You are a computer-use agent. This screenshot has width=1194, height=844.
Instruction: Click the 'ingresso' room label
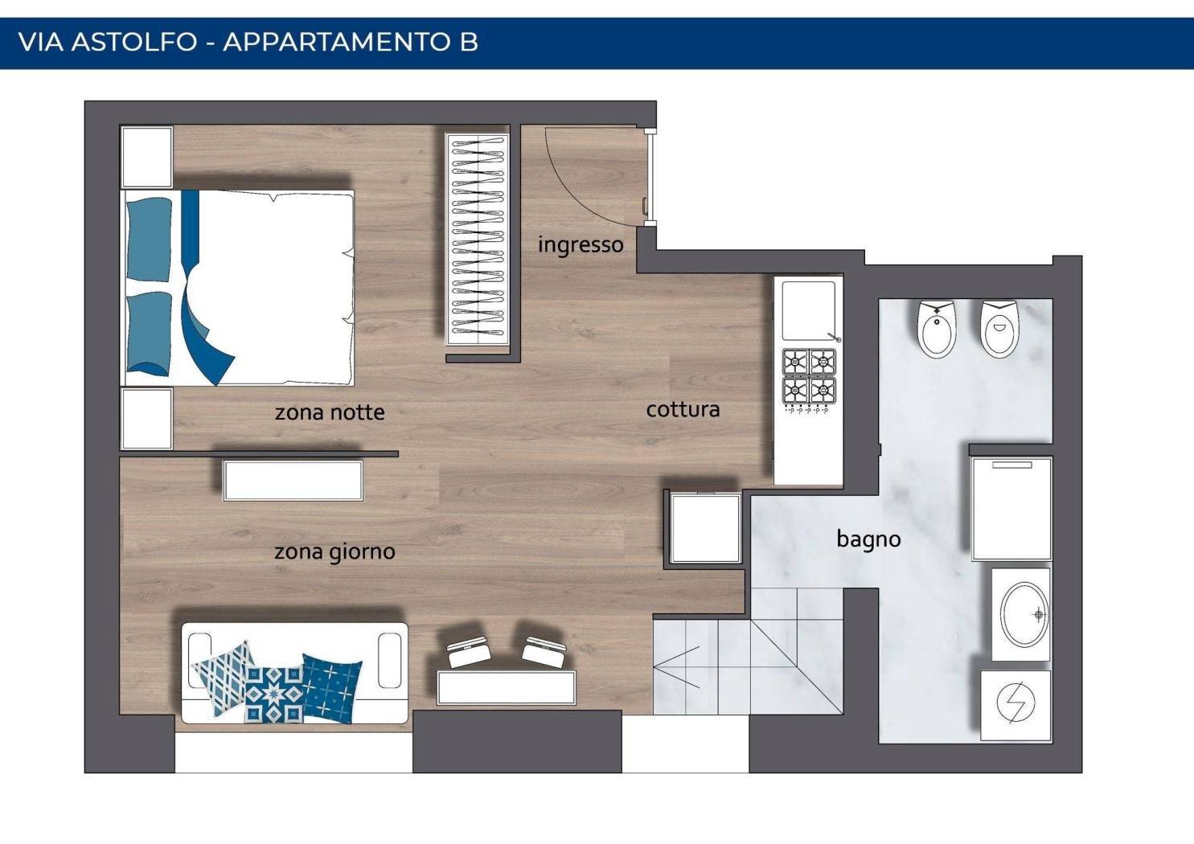581,245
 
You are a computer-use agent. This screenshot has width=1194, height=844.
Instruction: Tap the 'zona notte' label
330,412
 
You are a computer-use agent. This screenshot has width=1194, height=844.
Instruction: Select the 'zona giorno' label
334,552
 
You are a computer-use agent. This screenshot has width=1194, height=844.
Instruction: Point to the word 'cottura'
683,410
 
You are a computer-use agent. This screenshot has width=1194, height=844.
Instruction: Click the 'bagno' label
869,539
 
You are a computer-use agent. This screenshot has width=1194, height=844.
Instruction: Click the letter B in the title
469,42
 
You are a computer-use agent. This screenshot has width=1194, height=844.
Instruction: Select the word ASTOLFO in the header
134,42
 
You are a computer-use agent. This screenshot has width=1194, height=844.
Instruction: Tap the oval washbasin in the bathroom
1024,614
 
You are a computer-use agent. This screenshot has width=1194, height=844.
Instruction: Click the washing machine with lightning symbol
1016,706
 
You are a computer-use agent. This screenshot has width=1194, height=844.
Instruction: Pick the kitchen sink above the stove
808,309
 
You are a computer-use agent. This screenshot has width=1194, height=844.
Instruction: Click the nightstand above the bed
147,157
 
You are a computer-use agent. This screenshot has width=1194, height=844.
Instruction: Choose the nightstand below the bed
147,419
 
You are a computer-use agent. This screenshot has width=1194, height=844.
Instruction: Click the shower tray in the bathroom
1011,509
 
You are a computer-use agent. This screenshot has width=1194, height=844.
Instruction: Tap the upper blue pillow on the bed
149,240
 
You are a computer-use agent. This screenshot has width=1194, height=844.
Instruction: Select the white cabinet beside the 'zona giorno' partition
293,480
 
